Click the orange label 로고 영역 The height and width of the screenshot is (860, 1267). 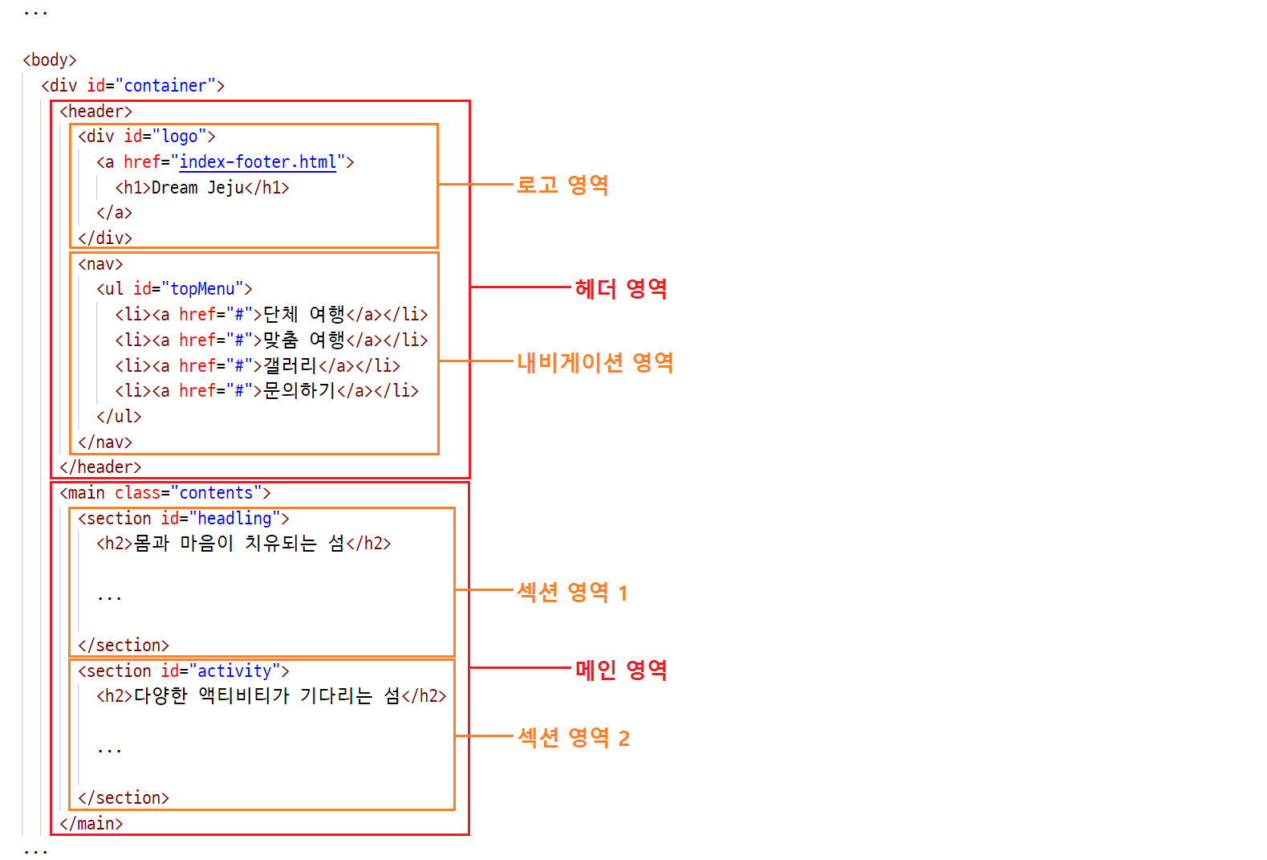pos(562,185)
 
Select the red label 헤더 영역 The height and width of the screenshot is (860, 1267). pos(620,288)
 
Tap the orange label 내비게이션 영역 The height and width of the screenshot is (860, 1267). pos(595,362)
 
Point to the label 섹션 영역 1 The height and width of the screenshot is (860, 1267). pos(572,593)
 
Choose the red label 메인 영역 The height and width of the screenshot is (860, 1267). pos(620,669)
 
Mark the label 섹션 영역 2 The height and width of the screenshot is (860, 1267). pos(573,737)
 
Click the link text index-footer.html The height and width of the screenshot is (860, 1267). pos(258,162)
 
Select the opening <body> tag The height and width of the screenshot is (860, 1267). pos(50,60)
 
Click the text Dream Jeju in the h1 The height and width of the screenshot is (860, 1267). pos(197,188)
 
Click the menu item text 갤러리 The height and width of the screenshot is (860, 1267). pos(290,365)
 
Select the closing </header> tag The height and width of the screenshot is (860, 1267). pos(100,467)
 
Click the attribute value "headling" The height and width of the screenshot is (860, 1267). pos(234,519)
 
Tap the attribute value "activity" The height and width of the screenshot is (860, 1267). pos(234,671)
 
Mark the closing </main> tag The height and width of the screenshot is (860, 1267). pos(91,824)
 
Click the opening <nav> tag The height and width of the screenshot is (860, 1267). pos(100,264)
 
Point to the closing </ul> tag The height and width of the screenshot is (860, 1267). pos(119,417)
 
